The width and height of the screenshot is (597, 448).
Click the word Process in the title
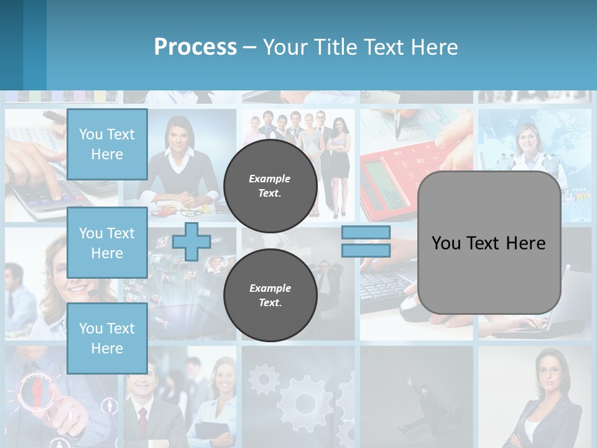(195, 47)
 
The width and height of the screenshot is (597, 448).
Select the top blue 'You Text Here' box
(107, 144)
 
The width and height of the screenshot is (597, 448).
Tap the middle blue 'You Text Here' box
(107, 243)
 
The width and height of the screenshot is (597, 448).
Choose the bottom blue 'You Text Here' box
(107, 338)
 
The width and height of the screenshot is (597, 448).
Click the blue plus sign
(192, 241)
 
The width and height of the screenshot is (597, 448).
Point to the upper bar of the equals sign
(366, 233)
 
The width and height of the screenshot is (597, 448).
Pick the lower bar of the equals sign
(366, 251)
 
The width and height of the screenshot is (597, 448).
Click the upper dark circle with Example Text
(270, 186)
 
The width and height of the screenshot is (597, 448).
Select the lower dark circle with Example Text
(270, 296)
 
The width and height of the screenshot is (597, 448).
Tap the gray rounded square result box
(489, 243)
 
